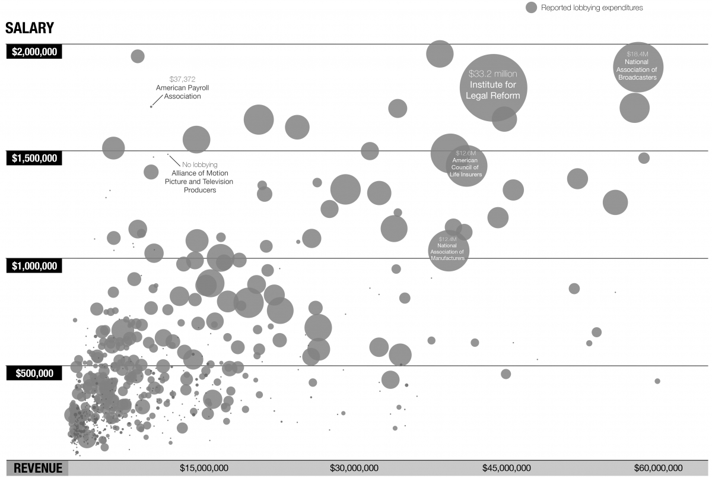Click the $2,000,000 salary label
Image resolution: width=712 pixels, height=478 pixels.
pos(34,52)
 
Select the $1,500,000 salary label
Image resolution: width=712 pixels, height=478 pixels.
pos(34,158)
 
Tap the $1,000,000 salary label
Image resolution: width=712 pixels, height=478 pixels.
pos(34,266)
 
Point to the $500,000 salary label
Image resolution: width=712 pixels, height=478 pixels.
pos(34,373)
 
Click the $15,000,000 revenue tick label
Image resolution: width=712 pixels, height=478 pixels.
pos(204,468)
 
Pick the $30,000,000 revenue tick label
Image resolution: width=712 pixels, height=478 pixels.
pos(354,468)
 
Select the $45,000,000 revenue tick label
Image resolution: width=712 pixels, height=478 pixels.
pos(507,468)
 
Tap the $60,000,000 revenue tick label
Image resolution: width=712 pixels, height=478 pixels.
pos(658,468)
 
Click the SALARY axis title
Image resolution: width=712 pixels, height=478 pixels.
pos(30,28)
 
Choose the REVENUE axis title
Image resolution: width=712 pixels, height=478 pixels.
pos(38,468)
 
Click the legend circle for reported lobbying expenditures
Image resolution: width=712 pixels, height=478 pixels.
pos(531,8)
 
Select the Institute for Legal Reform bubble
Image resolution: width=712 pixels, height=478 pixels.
pos(493,88)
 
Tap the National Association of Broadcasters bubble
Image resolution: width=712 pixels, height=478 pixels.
pos(638,67)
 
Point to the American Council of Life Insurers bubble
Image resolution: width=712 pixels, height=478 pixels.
pos(466,166)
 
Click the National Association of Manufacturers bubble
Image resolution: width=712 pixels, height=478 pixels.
pos(449,251)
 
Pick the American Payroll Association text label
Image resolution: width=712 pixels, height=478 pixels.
pos(183,92)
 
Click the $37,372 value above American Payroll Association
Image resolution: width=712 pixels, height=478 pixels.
pos(183,79)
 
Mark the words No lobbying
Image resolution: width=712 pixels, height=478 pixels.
pos(200,164)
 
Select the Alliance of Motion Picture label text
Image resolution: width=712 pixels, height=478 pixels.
pos(199,182)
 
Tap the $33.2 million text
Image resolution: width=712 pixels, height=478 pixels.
pos(493,74)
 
